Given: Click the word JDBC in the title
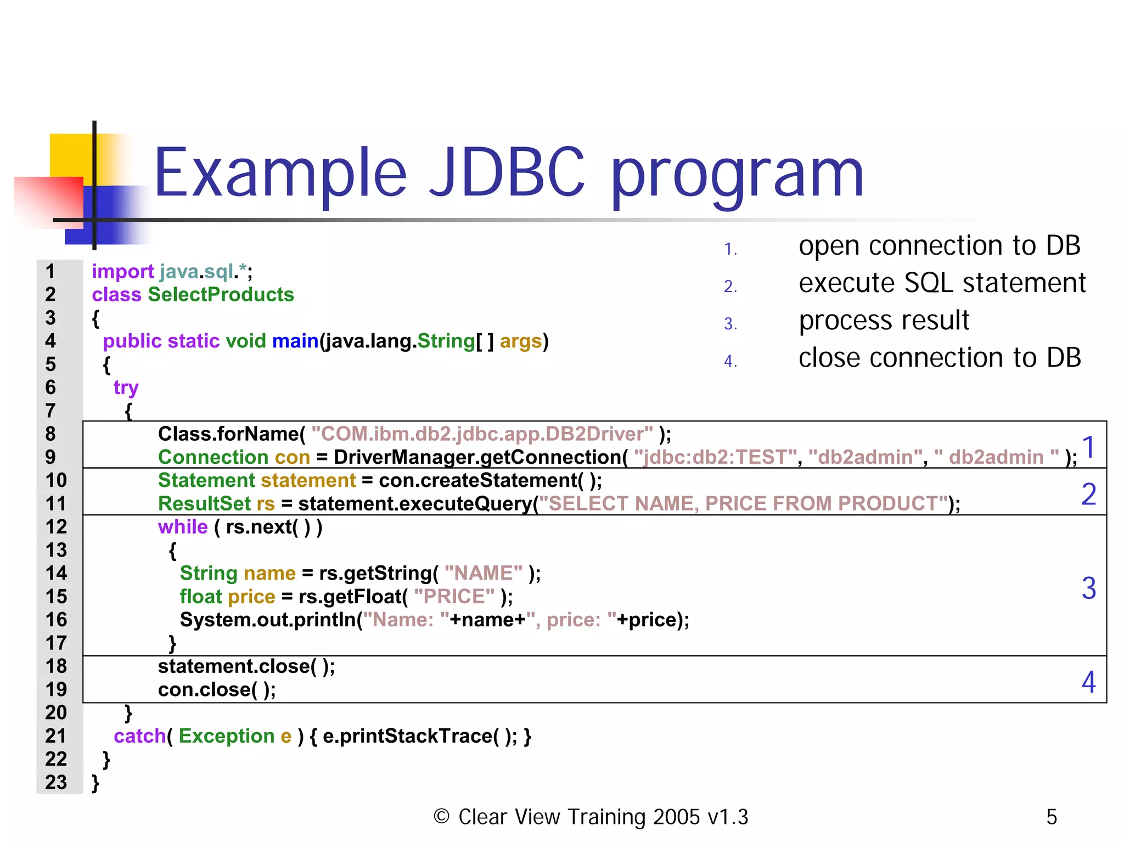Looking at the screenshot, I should pos(507,173).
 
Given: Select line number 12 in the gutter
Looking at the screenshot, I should pos(56,527).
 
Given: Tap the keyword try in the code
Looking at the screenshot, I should pos(126,388).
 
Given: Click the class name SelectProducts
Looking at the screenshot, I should pos(221,295).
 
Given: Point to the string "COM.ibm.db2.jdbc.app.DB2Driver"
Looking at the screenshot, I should pos(482,434).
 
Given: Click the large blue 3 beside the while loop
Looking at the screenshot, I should pos(1089,588).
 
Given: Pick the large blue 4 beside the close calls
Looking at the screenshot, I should pos(1089,682).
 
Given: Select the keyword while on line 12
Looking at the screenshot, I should pos(183,527).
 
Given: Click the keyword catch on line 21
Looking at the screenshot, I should pos(139,736).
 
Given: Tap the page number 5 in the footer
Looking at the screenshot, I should pos(1052,817).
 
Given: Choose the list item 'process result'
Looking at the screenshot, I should pos(884,321).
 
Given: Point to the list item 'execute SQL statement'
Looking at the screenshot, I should pos(942,283).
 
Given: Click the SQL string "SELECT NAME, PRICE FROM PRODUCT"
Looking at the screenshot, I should pos(749,504).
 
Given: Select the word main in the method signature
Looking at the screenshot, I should pos(295,341).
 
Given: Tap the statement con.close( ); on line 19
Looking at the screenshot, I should pos(217,690).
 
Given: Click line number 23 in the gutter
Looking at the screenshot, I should pos(56,782).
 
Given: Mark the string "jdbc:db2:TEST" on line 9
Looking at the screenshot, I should pos(715,457).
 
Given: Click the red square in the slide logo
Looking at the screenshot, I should pos(48,201).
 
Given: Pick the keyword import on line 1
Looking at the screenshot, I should pos(122,272).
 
